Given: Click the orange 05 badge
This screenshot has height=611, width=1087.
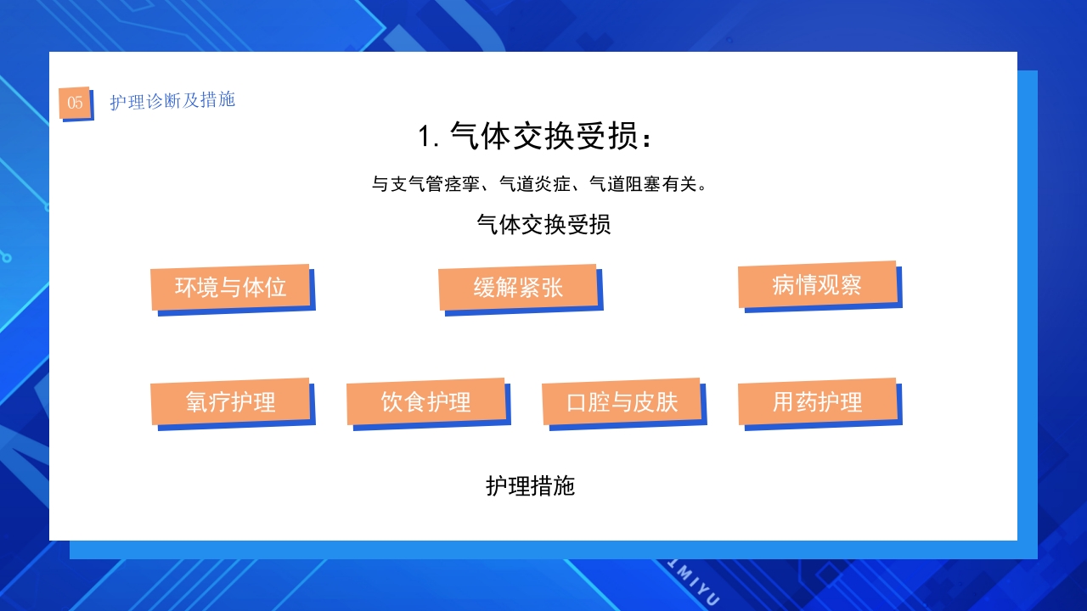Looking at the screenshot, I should pyautogui.click(x=75, y=103).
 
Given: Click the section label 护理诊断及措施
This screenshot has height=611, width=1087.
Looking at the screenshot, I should pyautogui.click(x=172, y=100).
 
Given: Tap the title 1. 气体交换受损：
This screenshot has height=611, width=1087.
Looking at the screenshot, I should pyautogui.click(x=536, y=136).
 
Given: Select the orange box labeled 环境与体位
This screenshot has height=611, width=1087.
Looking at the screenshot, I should pyautogui.click(x=230, y=287).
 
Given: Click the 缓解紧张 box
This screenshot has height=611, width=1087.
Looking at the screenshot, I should pyautogui.click(x=518, y=287).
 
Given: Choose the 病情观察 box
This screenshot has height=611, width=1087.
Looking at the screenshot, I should pyautogui.click(x=817, y=284).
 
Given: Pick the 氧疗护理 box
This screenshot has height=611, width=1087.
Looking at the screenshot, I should pyautogui.click(x=230, y=401).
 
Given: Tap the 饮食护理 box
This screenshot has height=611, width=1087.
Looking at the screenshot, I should pyautogui.click(x=425, y=401).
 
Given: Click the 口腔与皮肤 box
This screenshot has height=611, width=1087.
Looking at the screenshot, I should pyautogui.click(x=622, y=401).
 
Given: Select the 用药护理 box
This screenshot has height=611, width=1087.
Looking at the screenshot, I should pyautogui.click(x=817, y=401).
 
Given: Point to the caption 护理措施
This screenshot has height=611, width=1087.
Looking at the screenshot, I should pyautogui.click(x=531, y=485).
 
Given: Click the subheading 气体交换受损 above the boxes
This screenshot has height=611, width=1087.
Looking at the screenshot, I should pyautogui.click(x=543, y=225).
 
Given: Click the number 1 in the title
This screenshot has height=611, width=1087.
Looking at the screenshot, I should pyautogui.click(x=425, y=137).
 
